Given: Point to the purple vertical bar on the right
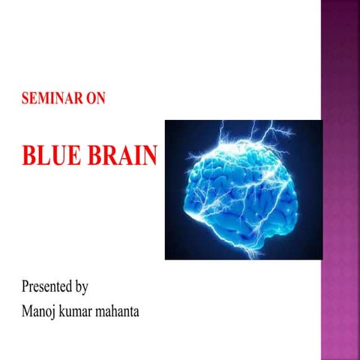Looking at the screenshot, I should pyautogui.click(x=340, y=180).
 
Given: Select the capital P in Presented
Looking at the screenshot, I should pyautogui.click(x=26, y=286).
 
